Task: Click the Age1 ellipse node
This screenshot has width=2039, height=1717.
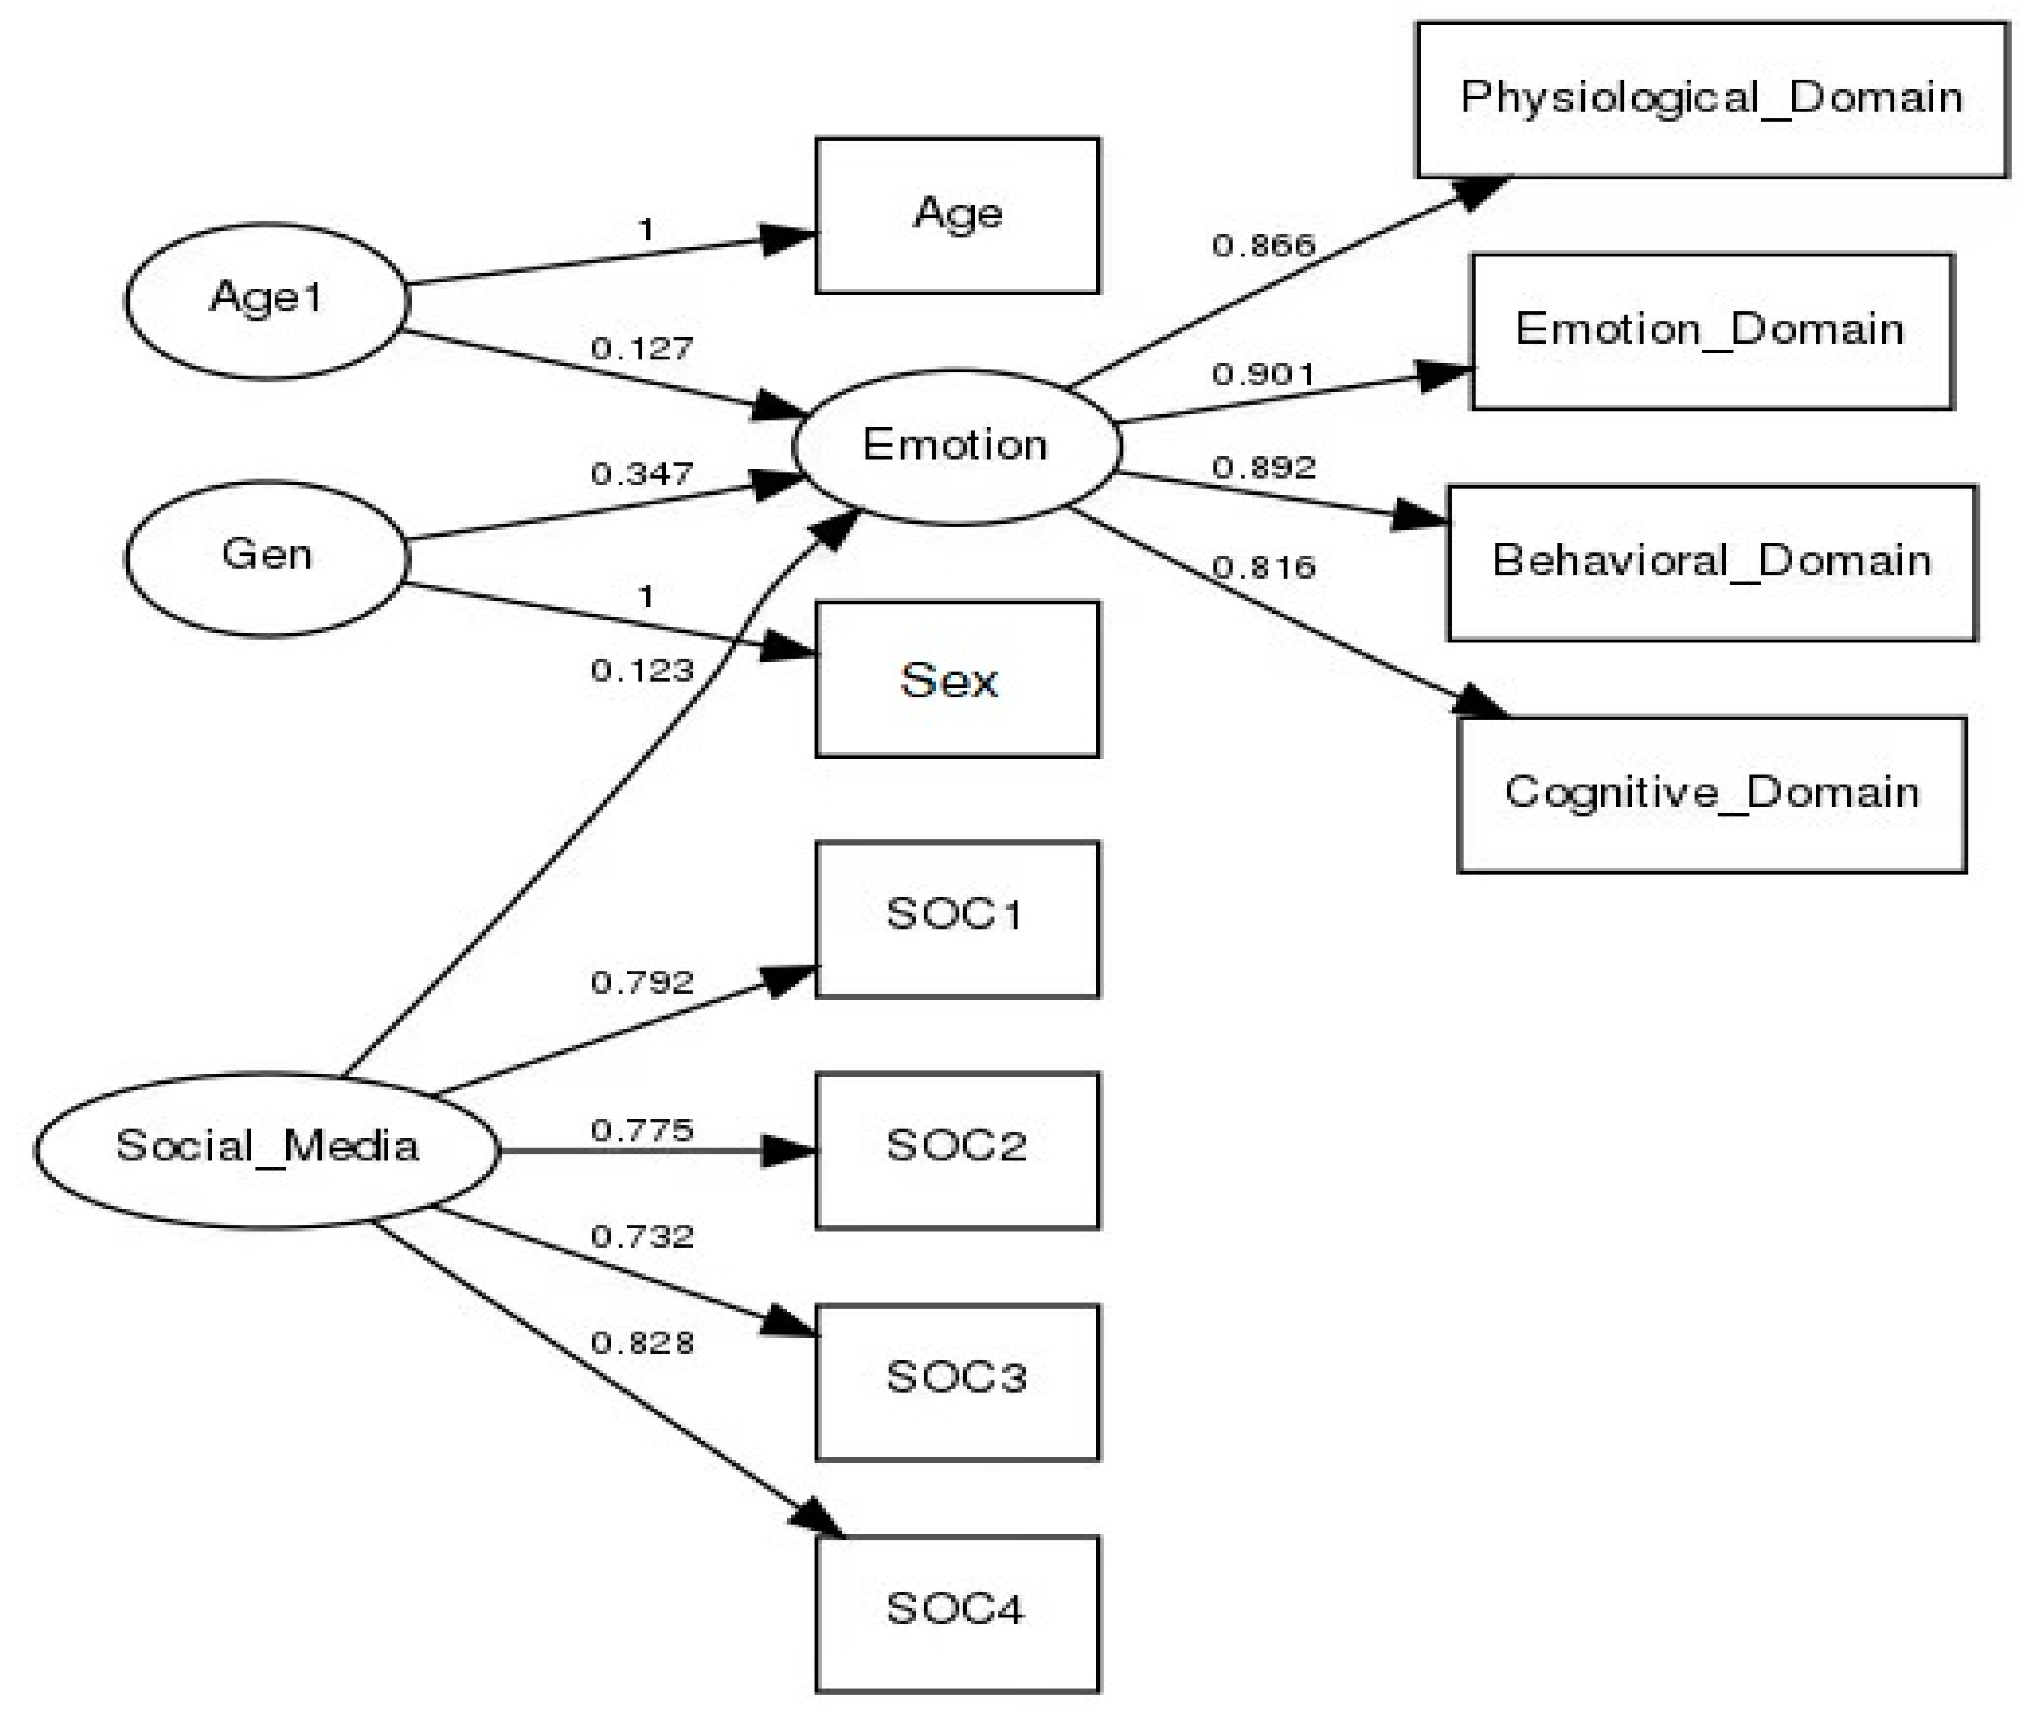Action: pos(267,301)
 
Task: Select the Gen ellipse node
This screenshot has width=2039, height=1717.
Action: pos(267,558)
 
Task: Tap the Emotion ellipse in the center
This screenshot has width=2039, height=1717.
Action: pos(957,447)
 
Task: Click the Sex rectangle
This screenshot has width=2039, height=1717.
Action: pos(957,680)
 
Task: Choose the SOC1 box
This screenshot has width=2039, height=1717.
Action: pos(957,919)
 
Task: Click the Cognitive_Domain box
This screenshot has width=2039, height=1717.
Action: pos(1711,794)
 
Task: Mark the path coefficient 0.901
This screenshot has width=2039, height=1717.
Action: pos(1263,374)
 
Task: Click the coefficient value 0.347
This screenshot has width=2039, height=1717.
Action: pos(642,474)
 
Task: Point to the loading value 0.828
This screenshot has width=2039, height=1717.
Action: pos(642,1343)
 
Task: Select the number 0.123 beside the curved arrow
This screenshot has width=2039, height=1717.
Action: pos(642,671)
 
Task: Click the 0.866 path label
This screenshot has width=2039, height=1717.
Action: pos(1263,245)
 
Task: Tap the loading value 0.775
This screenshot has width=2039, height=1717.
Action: pos(642,1131)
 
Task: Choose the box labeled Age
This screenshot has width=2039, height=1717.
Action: pos(957,215)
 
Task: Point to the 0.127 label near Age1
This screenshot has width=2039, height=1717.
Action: pos(642,348)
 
